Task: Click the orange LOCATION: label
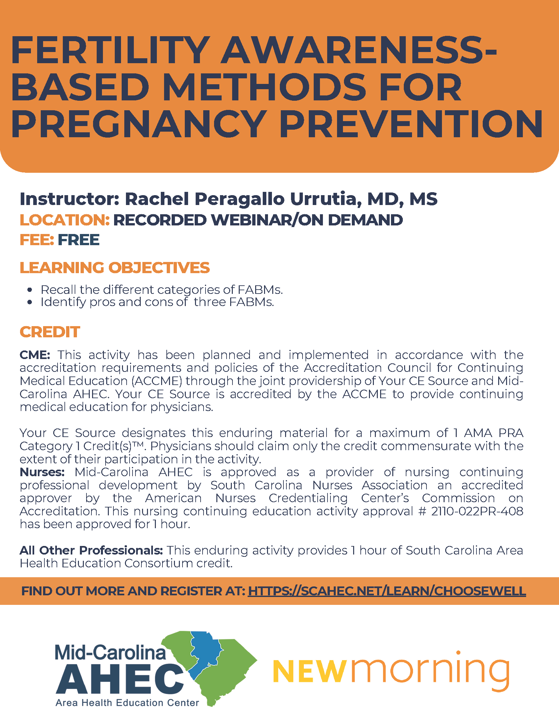pos(64,220)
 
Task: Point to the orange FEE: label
pos(37,240)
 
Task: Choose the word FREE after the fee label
pos(79,240)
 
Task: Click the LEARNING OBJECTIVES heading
pos(114,268)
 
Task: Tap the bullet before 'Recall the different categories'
pos(30,290)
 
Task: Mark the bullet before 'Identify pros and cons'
pos(30,302)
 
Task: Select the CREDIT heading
pos(50,332)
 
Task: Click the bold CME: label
pos(35,355)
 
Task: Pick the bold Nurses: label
pos(42,472)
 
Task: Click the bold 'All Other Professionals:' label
pos(91,551)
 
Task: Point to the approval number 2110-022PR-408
pos(477,511)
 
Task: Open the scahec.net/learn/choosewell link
pos(386,591)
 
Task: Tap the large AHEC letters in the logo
pos(119,680)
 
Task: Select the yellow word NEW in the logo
pos(310,671)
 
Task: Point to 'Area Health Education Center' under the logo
pos(127,703)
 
